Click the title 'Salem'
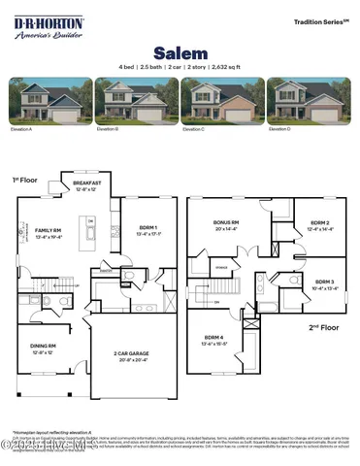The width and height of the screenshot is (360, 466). pos(180,51)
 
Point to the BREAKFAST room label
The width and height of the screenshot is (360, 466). pos(86,183)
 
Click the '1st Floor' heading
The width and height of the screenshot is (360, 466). pos(22,181)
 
